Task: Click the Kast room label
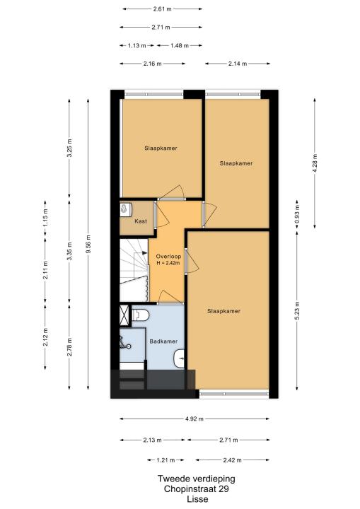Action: click(x=141, y=221)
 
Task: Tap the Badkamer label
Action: click(x=163, y=341)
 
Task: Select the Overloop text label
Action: click(x=168, y=256)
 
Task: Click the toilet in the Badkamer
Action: click(x=140, y=315)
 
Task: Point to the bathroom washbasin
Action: click(x=179, y=358)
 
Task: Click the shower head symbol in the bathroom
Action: click(x=125, y=343)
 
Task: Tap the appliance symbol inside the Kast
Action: click(x=126, y=209)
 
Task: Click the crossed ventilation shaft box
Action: click(x=124, y=315)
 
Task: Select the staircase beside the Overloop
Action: click(x=134, y=270)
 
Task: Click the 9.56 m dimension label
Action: click(x=88, y=243)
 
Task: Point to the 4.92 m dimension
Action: click(x=194, y=419)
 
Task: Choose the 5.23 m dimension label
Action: click(x=297, y=310)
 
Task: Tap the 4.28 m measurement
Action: click(x=314, y=163)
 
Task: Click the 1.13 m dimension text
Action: click(x=137, y=45)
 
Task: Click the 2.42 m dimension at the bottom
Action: click(x=232, y=460)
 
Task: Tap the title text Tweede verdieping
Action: click(x=196, y=479)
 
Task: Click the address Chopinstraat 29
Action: click(x=196, y=489)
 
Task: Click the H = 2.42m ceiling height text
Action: click(x=168, y=263)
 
